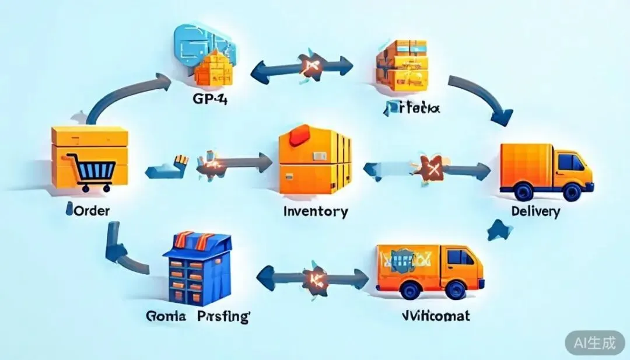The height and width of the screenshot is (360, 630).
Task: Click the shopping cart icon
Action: coord(92,170)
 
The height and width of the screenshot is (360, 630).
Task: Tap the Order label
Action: coord(88,210)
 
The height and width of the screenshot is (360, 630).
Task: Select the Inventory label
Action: coord(315,211)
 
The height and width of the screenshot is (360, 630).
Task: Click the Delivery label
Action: coord(535,211)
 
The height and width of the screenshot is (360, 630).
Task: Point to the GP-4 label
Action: coord(210,99)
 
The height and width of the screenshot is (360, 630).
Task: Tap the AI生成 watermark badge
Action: coord(594,342)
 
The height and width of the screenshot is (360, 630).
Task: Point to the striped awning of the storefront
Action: coord(197,240)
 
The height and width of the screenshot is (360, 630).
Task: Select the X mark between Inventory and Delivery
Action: coord(432,170)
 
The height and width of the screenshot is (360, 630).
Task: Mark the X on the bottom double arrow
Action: coord(316,279)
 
